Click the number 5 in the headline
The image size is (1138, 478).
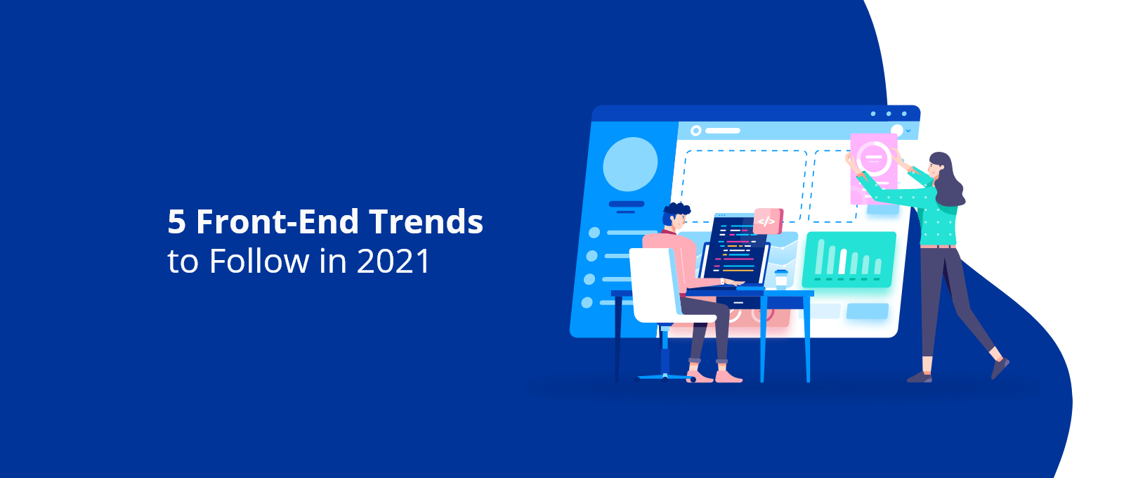[177, 221]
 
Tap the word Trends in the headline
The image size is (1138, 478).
[426, 221]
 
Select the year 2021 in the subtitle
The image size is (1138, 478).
[393, 261]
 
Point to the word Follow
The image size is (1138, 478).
[259, 261]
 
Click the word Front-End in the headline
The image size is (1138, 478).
[278, 221]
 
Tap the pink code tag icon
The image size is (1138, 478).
[769, 221]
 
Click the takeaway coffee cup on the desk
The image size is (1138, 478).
[781, 279]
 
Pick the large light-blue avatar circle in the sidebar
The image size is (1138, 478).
[630, 164]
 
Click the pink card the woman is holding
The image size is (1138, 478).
[874, 169]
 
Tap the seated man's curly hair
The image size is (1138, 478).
[676, 212]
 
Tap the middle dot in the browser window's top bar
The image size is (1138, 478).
[889, 114]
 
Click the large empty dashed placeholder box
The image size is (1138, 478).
[745, 186]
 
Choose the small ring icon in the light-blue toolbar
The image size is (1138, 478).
[696, 131]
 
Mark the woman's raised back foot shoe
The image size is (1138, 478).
[1000, 368]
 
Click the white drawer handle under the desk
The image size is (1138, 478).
[739, 303]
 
